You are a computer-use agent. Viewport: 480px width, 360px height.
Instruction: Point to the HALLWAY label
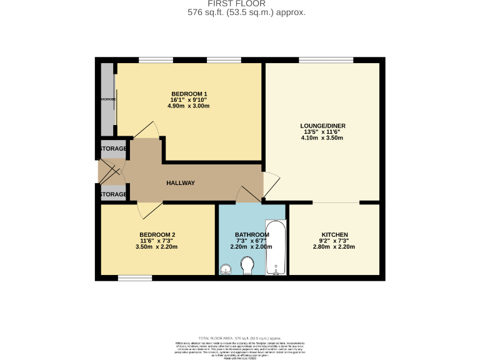[181, 183]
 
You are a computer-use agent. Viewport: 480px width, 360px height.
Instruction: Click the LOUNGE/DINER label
[322, 126]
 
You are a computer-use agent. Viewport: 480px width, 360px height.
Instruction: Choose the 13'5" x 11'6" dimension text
[322, 132]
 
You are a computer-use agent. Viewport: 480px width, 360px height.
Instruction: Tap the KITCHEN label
[333, 234]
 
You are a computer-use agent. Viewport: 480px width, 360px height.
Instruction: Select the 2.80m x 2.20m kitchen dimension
[333, 247]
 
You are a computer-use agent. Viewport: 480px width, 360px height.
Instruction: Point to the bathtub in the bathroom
[275, 247]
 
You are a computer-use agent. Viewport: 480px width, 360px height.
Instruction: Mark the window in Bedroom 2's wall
[134, 277]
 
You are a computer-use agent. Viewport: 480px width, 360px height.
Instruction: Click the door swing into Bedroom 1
[146, 129]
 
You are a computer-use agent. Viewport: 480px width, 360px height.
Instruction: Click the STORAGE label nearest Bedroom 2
[113, 194]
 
